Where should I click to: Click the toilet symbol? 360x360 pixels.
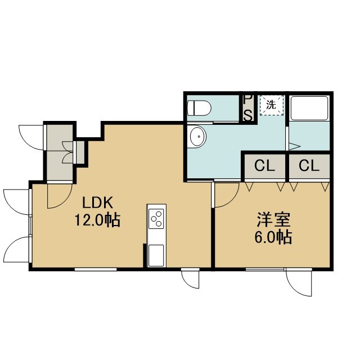[199, 109]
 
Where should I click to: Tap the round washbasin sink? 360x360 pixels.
[198, 137]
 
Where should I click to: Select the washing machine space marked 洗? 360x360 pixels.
[272, 105]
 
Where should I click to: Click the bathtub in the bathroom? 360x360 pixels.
[309, 108]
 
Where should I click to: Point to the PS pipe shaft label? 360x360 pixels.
[248, 108]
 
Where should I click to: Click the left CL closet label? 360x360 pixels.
[265, 165]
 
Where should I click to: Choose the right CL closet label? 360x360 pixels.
[309, 165]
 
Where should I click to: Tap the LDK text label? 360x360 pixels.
[98, 202]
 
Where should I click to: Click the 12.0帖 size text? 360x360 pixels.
[97, 220]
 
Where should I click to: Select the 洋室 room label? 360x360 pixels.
[274, 220]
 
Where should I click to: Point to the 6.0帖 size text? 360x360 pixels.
[273, 237]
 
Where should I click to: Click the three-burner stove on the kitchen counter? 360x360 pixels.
[156, 219]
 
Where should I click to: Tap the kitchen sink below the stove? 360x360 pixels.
[156, 255]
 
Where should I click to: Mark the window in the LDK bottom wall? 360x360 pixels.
[96, 269]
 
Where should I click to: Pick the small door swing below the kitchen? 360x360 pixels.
[191, 281]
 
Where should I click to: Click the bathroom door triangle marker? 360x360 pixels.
[294, 146]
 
